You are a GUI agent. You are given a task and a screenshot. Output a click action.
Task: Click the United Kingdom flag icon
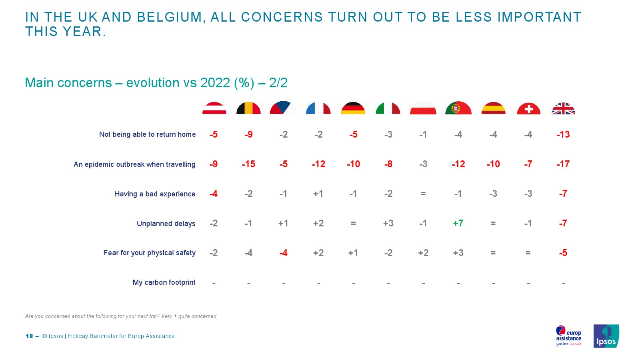[563, 108]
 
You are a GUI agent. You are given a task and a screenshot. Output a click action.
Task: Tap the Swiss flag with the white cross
[528, 108]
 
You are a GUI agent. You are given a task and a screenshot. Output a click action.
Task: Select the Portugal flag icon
[458, 108]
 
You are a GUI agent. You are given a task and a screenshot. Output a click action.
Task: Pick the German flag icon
[353, 108]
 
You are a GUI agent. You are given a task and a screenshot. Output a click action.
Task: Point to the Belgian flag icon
[248, 108]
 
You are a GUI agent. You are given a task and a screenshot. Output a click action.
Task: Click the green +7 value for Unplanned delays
[458, 223]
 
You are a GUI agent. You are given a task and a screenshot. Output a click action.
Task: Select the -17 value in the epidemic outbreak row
[563, 164]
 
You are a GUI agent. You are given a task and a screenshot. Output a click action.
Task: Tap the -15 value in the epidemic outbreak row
[248, 164]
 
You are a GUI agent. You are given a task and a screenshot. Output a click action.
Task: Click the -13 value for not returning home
[563, 134]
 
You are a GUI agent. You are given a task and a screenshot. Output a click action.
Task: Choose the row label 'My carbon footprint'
[164, 282]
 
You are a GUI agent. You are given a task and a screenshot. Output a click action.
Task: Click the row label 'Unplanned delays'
[166, 224]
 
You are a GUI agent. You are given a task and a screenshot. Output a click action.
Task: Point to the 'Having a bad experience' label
[155, 194]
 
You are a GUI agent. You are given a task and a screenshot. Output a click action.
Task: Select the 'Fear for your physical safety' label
[149, 253]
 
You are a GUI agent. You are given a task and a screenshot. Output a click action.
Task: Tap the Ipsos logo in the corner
[606, 336]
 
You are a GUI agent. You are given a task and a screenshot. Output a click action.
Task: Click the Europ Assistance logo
[568, 336]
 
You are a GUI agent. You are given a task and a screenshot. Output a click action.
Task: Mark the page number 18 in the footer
[29, 336]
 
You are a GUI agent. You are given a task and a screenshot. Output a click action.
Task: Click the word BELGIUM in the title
[169, 17]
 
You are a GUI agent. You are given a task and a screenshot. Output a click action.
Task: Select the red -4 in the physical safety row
[283, 253]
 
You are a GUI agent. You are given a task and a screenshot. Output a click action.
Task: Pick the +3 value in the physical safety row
[458, 253]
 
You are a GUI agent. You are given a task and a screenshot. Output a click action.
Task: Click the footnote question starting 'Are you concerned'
[120, 316]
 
